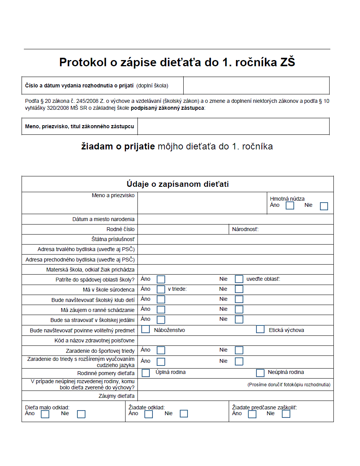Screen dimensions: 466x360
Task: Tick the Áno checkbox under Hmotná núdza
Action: tap(290, 206)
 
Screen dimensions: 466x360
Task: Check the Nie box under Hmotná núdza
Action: tap(324, 206)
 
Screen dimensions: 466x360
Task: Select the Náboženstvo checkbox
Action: tap(146, 330)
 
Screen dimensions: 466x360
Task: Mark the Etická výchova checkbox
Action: tap(260, 330)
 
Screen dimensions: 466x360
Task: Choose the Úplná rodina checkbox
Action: tap(146, 373)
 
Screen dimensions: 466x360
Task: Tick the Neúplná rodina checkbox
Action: tap(260, 373)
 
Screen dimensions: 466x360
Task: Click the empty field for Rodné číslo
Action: tap(183, 230)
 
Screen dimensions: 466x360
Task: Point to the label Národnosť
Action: tap(245, 230)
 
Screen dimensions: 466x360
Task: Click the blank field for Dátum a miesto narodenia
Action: tap(235, 220)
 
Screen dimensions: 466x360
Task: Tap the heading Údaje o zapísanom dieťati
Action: tap(177, 184)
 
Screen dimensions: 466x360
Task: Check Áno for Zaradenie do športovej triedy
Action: tap(161, 350)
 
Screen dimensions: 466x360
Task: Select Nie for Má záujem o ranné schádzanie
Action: tap(239, 310)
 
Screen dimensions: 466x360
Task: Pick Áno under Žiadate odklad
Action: tap(149, 414)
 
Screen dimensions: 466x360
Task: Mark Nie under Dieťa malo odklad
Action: tap(81, 414)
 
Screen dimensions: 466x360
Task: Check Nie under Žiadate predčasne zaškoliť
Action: tap(286, 414)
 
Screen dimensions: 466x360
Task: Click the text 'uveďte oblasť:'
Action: tap(263, 279)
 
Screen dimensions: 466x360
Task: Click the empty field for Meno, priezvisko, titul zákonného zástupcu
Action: tap(233, 126)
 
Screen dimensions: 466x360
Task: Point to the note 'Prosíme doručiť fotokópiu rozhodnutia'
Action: tap(289, 385)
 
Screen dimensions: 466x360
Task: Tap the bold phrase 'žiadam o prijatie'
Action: tap(118, 147)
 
